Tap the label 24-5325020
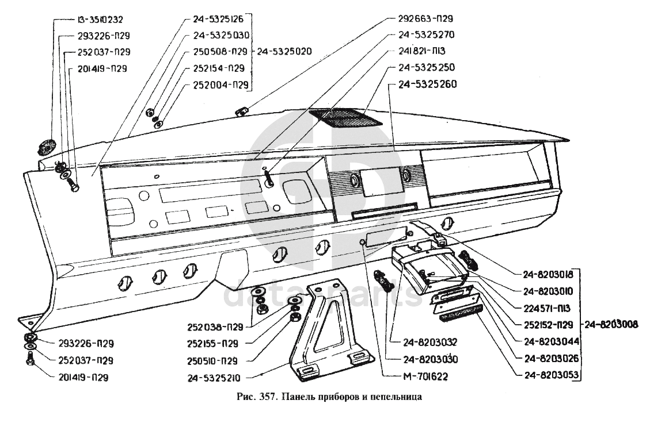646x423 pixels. tap(284, 51)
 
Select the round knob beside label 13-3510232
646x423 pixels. tap(45, 147)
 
